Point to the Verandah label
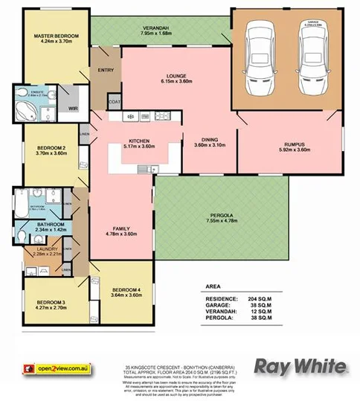coord(157,28)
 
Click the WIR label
coord(73,109)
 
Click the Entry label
coord(103,71)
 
